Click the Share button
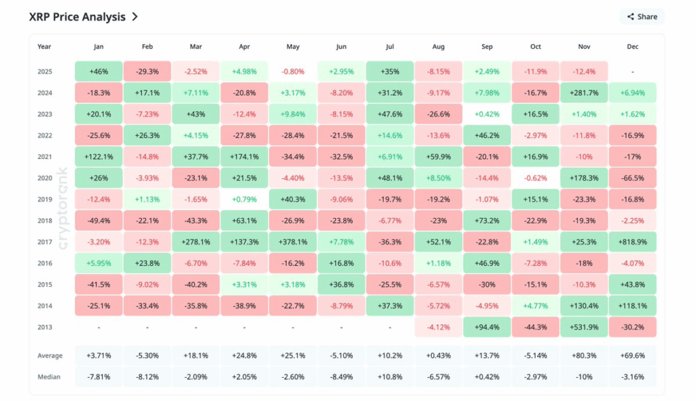(642, 16)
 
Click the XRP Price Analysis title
(77, 16)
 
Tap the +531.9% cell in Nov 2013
(585, 326)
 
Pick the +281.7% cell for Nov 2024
(585, 92)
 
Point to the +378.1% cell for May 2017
(293, 241)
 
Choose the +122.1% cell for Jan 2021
(99, 156)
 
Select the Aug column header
(438, 47)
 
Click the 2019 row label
(45, 199)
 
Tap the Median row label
(50, 376)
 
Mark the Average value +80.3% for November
(585, 355)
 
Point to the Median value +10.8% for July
(390, 376)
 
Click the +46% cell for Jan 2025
(99, 71)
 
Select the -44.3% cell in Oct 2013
(536, 326)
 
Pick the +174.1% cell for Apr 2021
(245, 156)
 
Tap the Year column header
(44, 47)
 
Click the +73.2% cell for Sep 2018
(487, 220)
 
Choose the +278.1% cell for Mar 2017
(196, 241)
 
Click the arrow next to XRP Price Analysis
(135, 16)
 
